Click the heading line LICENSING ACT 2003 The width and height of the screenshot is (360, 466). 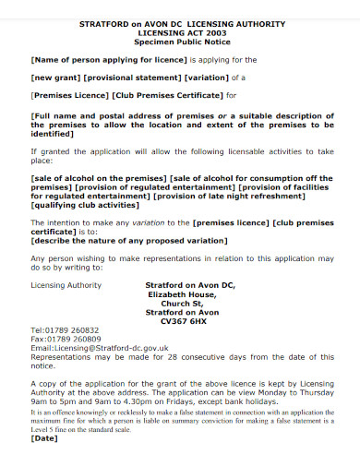(x=180, y=32)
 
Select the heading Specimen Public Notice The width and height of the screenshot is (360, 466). (x=180, y=42)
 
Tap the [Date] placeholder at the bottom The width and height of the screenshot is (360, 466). (x=44, y=437)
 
